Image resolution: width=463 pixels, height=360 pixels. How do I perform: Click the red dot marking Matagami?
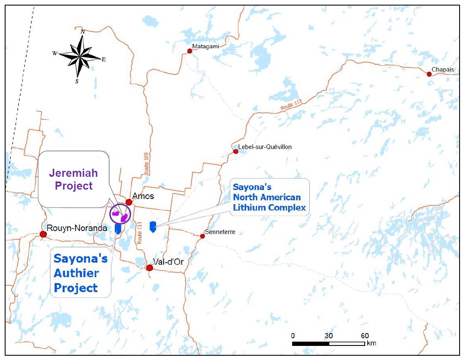[x=190, y=51]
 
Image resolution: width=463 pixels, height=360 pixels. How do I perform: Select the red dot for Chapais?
[x=429, y=74]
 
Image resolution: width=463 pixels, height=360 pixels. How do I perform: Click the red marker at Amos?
[x=129, y=202]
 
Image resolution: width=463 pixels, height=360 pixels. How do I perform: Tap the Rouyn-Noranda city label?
[x=77, y=228]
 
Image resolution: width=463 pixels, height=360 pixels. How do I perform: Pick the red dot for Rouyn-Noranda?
[x=43, y=234]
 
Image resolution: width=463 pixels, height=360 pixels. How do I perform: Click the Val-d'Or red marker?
[x=149, y=268]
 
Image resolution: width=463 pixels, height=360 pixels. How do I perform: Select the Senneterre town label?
[x=220, y=232]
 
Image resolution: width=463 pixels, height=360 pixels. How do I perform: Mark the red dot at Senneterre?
[x=202, y=236]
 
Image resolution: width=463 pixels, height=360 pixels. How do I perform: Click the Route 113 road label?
[x=291, y=105]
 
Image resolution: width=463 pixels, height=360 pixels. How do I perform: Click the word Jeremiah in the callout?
[x=73, y=173]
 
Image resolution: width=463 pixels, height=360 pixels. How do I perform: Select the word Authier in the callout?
[x=76, y=273]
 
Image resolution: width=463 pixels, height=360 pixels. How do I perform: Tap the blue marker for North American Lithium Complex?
[x=152, y=227]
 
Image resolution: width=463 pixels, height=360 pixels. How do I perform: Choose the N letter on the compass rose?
[x=83, y=32]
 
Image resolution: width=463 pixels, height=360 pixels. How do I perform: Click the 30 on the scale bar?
[x=329, y=336]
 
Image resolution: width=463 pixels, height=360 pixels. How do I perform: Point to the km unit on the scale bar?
[x=371, y=343]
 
